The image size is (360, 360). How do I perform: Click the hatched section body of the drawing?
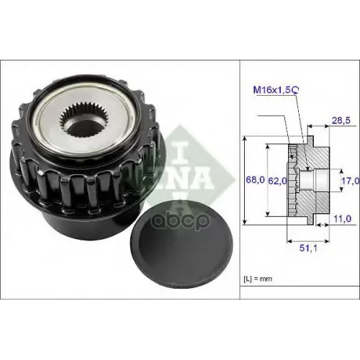point(317,155)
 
